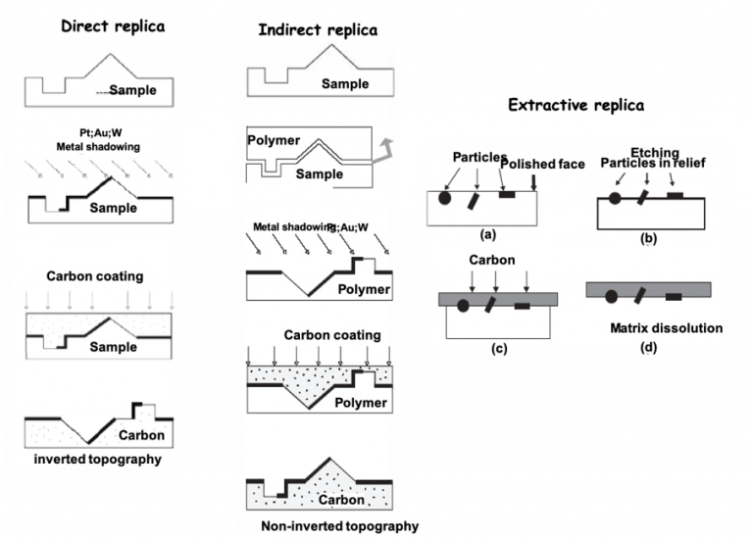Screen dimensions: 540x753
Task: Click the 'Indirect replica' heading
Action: (317, 30)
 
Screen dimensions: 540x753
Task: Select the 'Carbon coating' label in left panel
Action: (95, 276)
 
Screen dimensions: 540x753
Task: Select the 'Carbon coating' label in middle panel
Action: (332, 335)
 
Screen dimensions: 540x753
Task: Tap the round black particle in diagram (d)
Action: (611, 292)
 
